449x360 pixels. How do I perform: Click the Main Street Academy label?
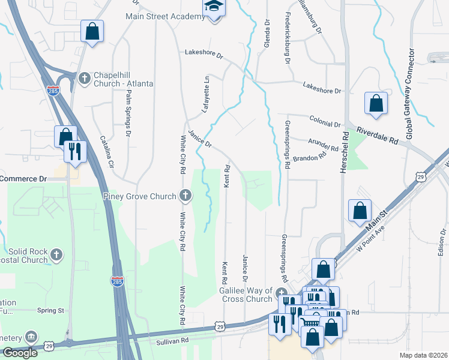coord(165,16)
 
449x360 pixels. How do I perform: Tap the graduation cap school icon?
coord(212,8)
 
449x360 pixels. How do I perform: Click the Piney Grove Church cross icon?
coord(186,195)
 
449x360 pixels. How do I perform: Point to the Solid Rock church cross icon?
coord(58,254)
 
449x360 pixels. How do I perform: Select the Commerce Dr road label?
coord(23,179)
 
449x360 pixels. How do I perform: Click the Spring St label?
coord(50,310)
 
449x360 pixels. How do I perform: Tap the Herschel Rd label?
coord(345,154)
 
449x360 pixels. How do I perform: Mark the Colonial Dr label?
coord(325,123)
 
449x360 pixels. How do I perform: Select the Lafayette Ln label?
coord(204,94)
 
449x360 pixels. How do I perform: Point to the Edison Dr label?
coord(442,242)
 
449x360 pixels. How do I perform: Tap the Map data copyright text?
coord(423,355)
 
